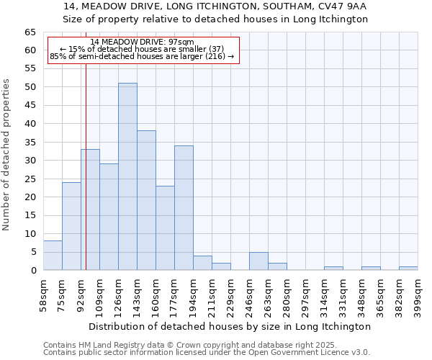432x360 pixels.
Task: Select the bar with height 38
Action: coord(146,200)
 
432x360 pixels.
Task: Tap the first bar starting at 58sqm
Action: coord(53,256)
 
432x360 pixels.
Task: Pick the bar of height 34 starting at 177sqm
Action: coord(184,207)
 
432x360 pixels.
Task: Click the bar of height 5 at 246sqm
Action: coord(258,261)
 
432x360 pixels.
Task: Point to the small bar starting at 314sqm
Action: coord(333,268)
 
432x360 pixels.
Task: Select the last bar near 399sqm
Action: coord(408,268)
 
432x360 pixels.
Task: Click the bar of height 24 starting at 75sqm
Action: coord(71,226)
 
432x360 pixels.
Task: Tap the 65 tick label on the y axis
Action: coord(30,32)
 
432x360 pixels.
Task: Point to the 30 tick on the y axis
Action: coord(30,161)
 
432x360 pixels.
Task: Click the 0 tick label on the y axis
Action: coord(32,271)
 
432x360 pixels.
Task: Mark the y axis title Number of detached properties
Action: coord(7,155)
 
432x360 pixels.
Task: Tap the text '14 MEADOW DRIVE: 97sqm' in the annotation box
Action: coord(143,42)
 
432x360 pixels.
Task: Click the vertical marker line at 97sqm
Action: coord(86,180)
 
